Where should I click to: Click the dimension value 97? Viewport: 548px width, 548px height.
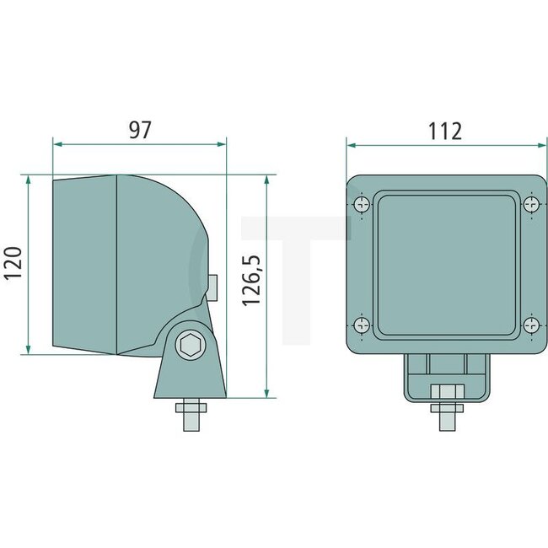point(140,129)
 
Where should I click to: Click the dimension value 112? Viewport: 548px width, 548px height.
point(444,131)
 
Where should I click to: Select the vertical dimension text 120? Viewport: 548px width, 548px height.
point(13,264)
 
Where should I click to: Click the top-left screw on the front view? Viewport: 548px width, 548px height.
point(361,204)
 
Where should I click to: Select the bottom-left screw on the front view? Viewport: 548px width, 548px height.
point(361,325)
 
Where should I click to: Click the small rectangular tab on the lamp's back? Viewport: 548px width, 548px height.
point(214,287)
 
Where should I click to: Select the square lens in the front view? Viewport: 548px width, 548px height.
point(445,264)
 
